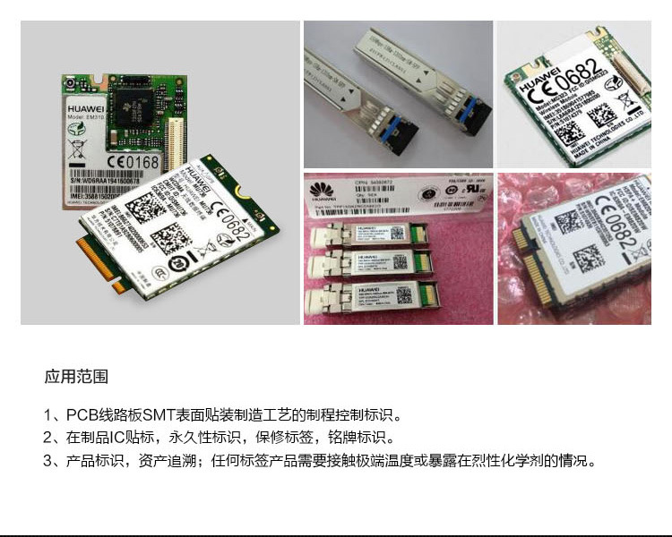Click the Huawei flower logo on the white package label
320,191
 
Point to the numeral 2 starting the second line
47,439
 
